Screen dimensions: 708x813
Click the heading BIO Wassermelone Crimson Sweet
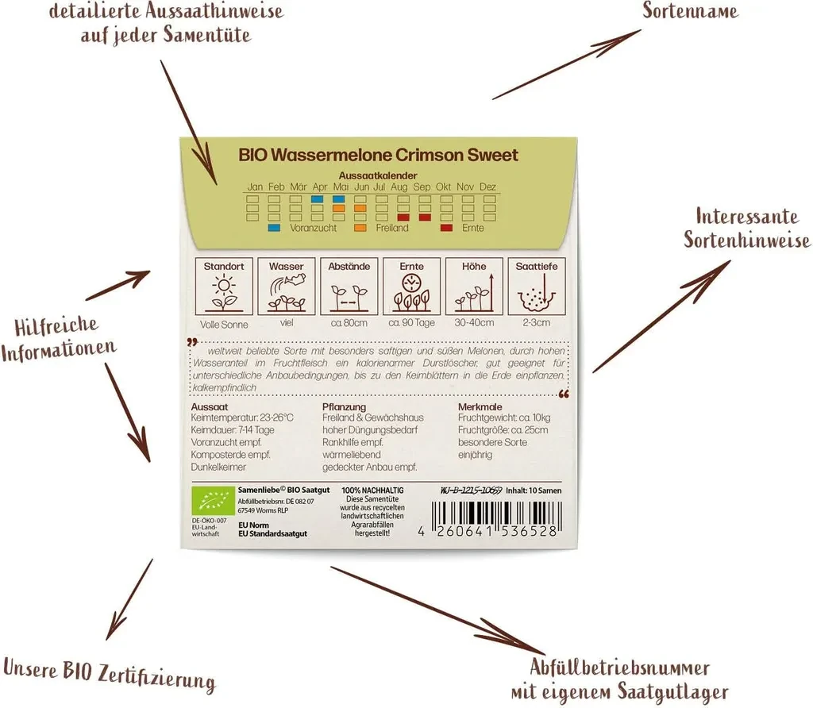(378, 155)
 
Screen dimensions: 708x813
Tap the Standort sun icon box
(225, 285)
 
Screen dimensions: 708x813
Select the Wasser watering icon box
(287, 285)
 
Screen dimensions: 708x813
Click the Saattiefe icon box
(537, 285)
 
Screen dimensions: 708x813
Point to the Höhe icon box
(474, 285)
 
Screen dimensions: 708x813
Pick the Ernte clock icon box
(412, 285)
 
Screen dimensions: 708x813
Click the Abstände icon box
(349, 285)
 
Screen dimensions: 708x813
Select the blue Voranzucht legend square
(275, 228)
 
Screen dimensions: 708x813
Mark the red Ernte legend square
(447, 228)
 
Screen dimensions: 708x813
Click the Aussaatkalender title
(378, 175)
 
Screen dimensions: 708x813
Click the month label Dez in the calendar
(487, 187)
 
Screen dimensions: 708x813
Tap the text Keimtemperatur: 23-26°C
(242, 417)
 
